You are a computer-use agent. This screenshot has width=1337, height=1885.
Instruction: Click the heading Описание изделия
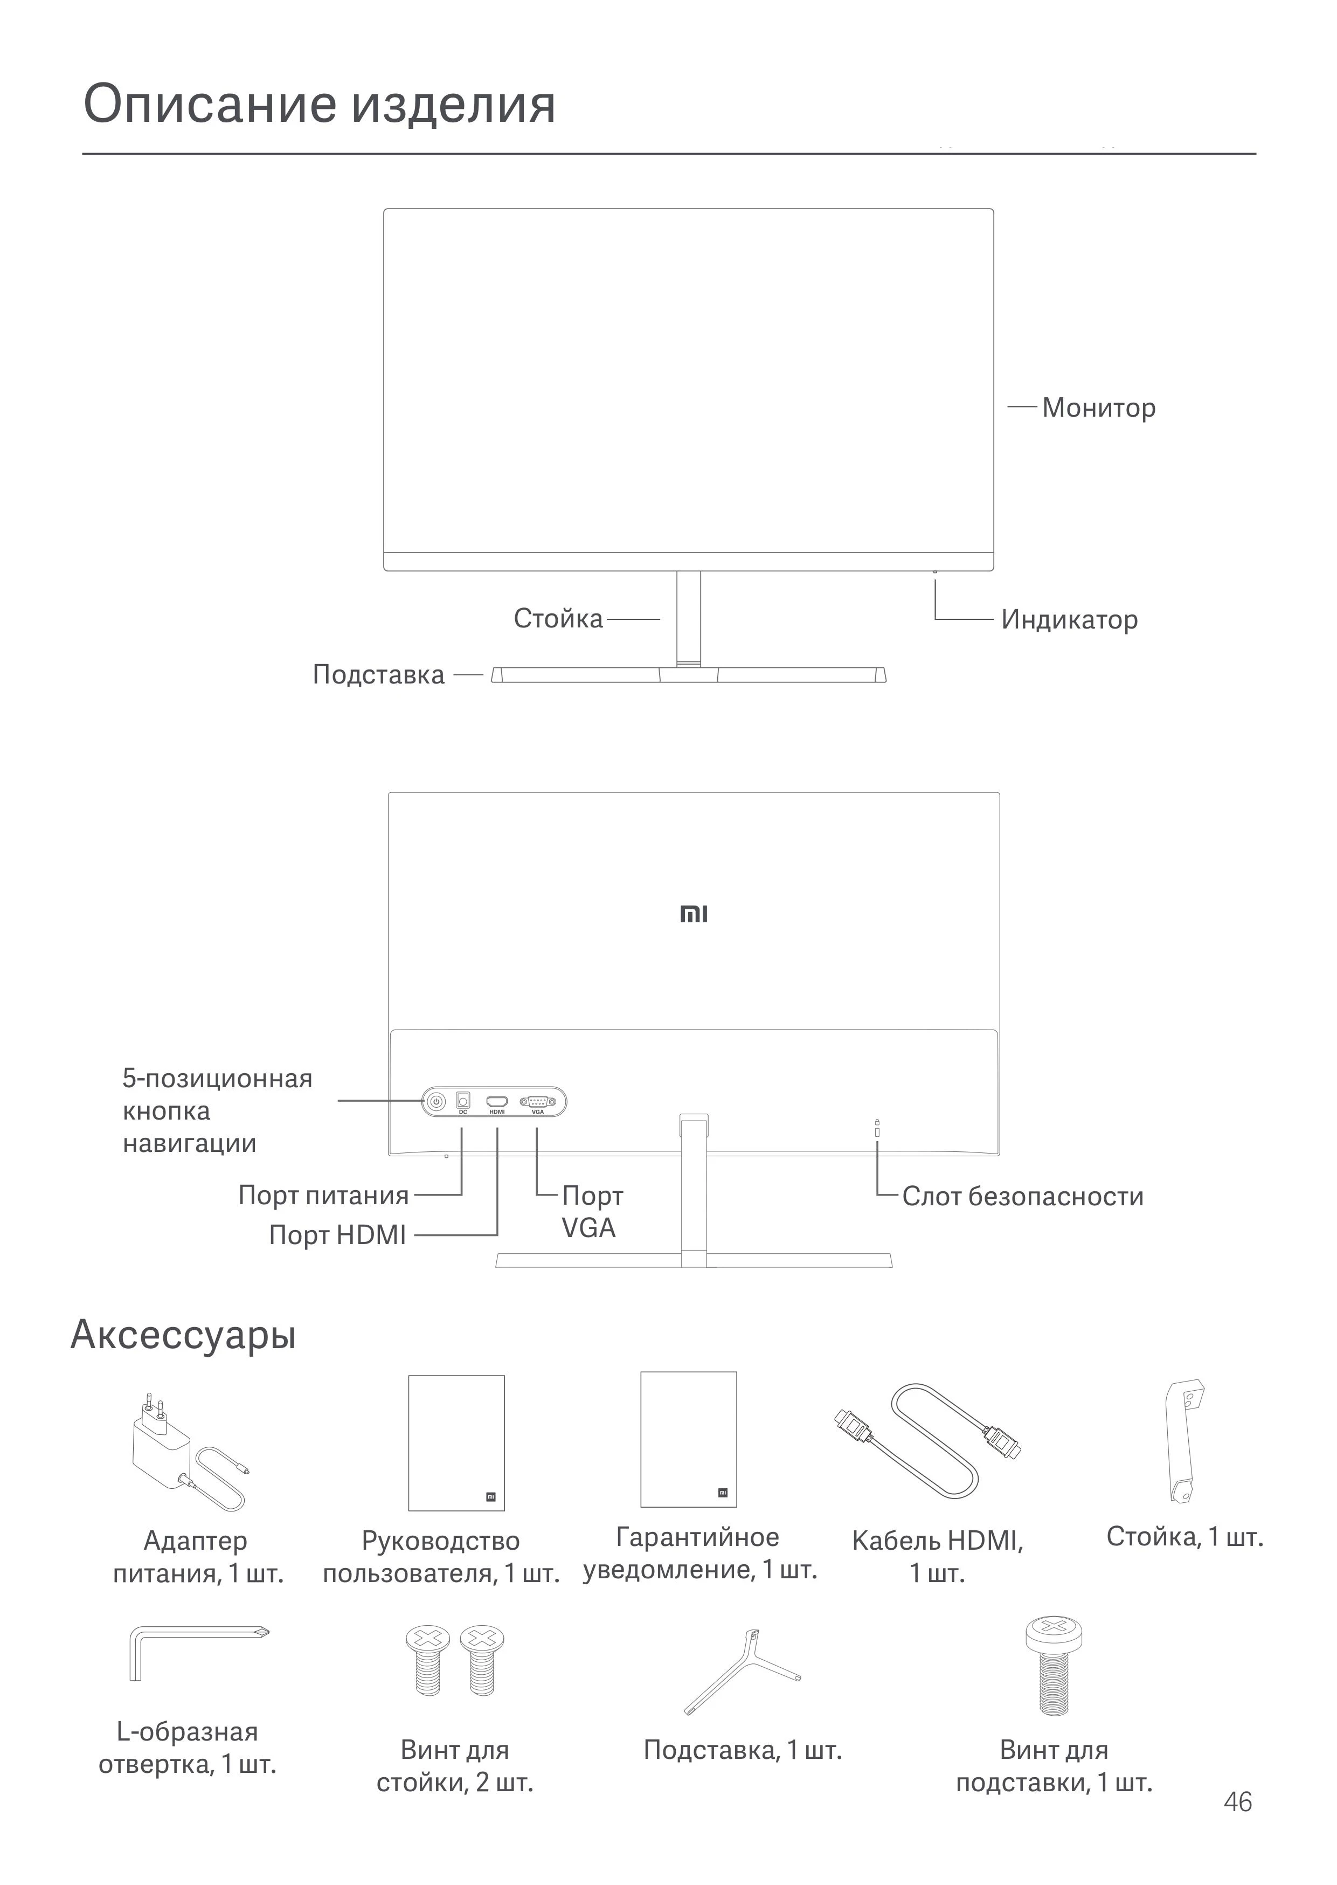[x=320, y=105]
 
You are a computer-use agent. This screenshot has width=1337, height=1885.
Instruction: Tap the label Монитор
[x=1098, y=408]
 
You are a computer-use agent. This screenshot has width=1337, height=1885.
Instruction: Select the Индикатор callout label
[x=1069, y=619]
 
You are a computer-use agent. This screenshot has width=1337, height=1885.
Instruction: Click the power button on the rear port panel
[x=435, y=1101]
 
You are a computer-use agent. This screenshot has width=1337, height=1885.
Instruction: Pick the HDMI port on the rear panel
[x=496, y=1101]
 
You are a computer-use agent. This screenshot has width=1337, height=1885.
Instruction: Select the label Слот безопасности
[x=1022, y=1196]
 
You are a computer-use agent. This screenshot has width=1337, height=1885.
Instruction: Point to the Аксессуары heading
[x=183, y=1334]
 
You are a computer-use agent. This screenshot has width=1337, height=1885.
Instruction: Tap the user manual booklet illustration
[x=456, y=1443]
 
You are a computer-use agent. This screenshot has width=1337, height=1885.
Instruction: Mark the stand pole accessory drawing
[x=1184, y=1441]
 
